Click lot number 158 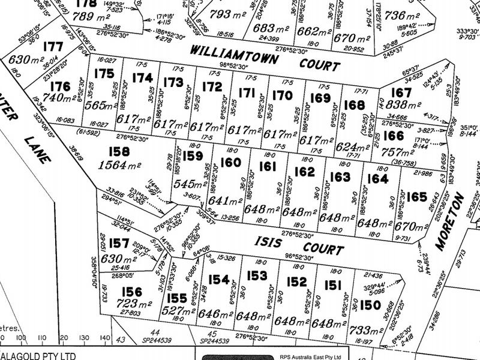click(x=120, y=152)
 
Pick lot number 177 click(x=53, y=47)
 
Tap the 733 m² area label click(x=364, y=329)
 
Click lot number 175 click(x=105, y=74)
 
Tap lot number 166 click(x=392, y=136)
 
